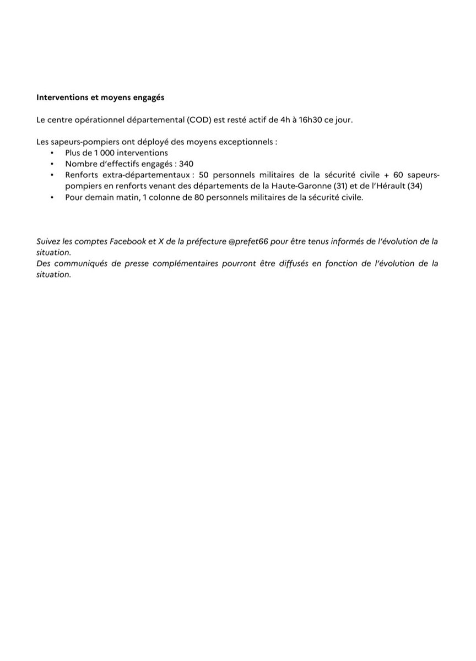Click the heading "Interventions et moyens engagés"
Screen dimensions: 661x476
pyautogui.click(x=100, y=97)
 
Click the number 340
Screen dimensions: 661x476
pyautogui.click(x=186, y=164)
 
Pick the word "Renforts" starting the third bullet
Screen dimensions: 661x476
pyautogui.click(x=82, y=175)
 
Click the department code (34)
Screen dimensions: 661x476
pyautogui.click(x=414, y=186)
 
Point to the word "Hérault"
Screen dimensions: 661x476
pyautogui.click(x=389, y=186)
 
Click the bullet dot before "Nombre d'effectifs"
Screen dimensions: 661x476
pyautogui.click(x=52, y=164)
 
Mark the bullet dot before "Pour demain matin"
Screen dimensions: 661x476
pyautogui.click(x=52, y=197)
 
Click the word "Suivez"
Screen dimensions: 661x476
pyautogui.click(x=49, y=241)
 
